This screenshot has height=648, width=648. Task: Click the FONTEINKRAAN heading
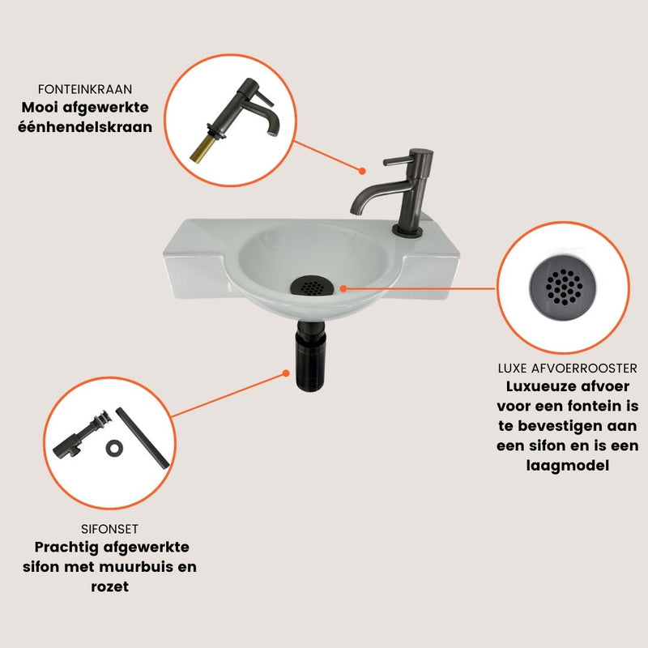[85, 89]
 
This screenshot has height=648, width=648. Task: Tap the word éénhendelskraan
[85, 126]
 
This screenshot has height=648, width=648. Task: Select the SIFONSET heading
[109, 529]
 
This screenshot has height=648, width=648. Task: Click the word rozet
[110, 586]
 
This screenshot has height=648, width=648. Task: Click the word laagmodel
[568, 466]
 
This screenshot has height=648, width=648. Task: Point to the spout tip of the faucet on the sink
[356, 210]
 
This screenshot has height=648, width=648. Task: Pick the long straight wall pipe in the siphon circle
[143, 438]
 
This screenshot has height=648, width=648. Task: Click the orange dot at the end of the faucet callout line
[362, 171]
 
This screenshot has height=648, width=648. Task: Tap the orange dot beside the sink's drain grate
[343, 288]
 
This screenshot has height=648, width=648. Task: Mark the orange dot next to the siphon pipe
[285, 373]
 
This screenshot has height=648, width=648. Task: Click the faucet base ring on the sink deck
[407, 232]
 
